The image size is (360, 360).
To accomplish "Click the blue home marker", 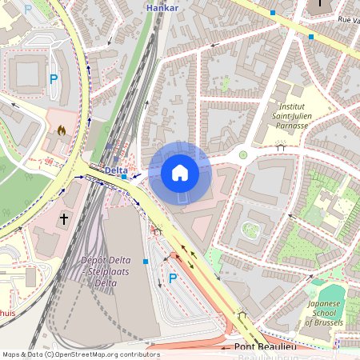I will click(180, 172).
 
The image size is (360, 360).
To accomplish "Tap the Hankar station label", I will click(162, 7).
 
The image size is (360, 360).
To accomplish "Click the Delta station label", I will click(116, 170).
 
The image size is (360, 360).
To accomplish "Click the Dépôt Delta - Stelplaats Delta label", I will click(107, 271).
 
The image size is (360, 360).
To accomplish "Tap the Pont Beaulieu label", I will click(266, 346).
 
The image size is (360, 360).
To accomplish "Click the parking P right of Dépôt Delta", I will click(172, 278).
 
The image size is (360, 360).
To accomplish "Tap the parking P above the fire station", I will click(54, 79).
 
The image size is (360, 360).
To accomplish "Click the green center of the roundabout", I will click(243, 155).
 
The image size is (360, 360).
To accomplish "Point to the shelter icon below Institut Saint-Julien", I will click(280, 146).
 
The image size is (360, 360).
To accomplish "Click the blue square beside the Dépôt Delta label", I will click(146, 261).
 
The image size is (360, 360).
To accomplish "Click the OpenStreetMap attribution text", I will click(80, 354).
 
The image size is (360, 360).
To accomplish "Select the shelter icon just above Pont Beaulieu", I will click(240, 312).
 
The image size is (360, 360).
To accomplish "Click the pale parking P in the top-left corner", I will click(29, 9).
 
